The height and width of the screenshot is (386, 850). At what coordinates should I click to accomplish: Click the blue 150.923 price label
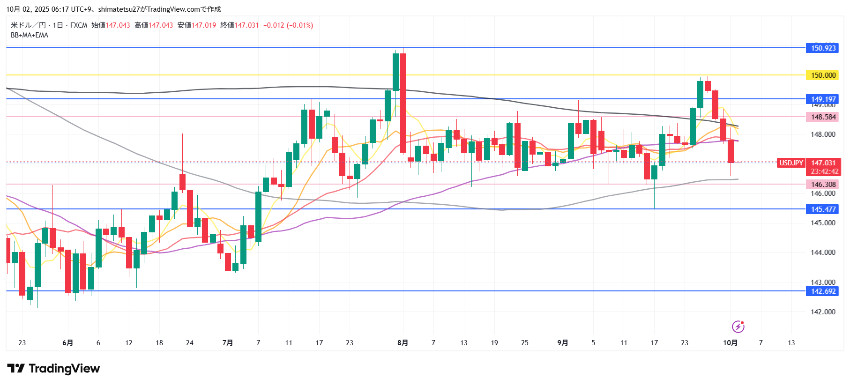(823, 48)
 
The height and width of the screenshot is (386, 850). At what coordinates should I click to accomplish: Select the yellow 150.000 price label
(823, 75)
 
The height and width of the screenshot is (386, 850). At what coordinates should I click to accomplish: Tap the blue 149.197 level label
(823, 99)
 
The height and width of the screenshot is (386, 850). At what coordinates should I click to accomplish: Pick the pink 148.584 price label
(823, 117)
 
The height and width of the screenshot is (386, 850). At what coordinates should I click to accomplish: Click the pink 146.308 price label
(823, 185)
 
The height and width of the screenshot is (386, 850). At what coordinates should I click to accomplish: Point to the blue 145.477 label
(823, 209)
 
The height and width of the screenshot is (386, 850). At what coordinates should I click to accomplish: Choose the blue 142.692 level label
(823, 291)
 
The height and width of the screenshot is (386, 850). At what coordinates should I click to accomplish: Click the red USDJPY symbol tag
(791, 163)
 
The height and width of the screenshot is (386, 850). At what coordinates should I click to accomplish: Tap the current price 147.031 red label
(823, 163)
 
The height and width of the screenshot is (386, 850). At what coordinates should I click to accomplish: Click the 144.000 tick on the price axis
(823, 252)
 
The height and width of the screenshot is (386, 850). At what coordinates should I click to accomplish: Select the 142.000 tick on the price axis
(823, 312)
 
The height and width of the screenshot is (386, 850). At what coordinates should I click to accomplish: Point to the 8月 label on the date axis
(403, 343)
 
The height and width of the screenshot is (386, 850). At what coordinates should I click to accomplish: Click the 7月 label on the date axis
(228, 343)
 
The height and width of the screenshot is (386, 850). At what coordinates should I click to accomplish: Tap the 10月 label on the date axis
(730, 343)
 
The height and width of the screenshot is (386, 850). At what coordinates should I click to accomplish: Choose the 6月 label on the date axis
(67, 343)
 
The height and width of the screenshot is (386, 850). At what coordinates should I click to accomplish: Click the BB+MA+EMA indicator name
(30, 35)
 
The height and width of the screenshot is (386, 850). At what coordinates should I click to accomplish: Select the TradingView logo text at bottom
(54, 369)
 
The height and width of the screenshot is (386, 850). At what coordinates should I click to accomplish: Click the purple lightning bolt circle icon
(738, 327)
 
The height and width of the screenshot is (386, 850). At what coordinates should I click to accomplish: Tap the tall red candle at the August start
(403, 103)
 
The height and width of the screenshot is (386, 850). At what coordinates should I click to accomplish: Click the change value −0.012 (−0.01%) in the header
(288, 25)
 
